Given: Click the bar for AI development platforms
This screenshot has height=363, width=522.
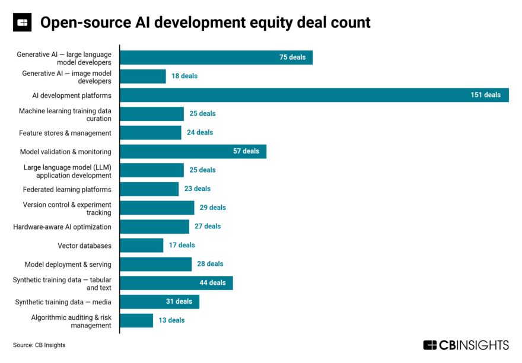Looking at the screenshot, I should tap(297, 95).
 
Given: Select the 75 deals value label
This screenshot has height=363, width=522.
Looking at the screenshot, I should tap(292, 58).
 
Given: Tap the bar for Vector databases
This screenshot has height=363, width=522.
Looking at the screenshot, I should tap(141, 245).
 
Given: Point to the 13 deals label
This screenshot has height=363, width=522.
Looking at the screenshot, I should tap(171, 320).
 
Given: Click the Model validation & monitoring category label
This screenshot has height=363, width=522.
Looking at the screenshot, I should tap(65, 151).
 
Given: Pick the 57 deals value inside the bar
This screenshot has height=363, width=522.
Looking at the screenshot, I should tap(246, 151).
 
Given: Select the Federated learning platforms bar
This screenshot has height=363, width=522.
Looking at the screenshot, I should tap(149, 189).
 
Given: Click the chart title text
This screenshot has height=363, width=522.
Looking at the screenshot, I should tap(205, 23).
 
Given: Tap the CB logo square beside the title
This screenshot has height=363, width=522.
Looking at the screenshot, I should tap(23, 23).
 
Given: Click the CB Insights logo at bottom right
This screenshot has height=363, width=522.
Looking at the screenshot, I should tap(466, 345).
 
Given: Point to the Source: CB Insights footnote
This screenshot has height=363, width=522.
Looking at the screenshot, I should tap(39, 345).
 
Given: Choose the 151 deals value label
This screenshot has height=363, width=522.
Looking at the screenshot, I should tap(485, 95).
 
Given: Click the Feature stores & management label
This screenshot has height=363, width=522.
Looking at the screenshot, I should tap(65, 133).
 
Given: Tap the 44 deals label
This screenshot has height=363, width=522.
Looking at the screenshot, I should tap(212, 283).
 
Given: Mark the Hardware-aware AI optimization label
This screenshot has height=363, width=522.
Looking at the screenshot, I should tap(62, 227).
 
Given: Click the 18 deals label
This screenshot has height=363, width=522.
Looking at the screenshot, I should tap(184, 76).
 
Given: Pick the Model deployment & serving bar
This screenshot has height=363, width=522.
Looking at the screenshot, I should tap(155, 264).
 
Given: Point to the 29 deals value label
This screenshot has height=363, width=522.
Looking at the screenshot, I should tap(212, 208).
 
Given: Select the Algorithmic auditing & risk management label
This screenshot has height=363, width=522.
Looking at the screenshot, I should tap(71, 321).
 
